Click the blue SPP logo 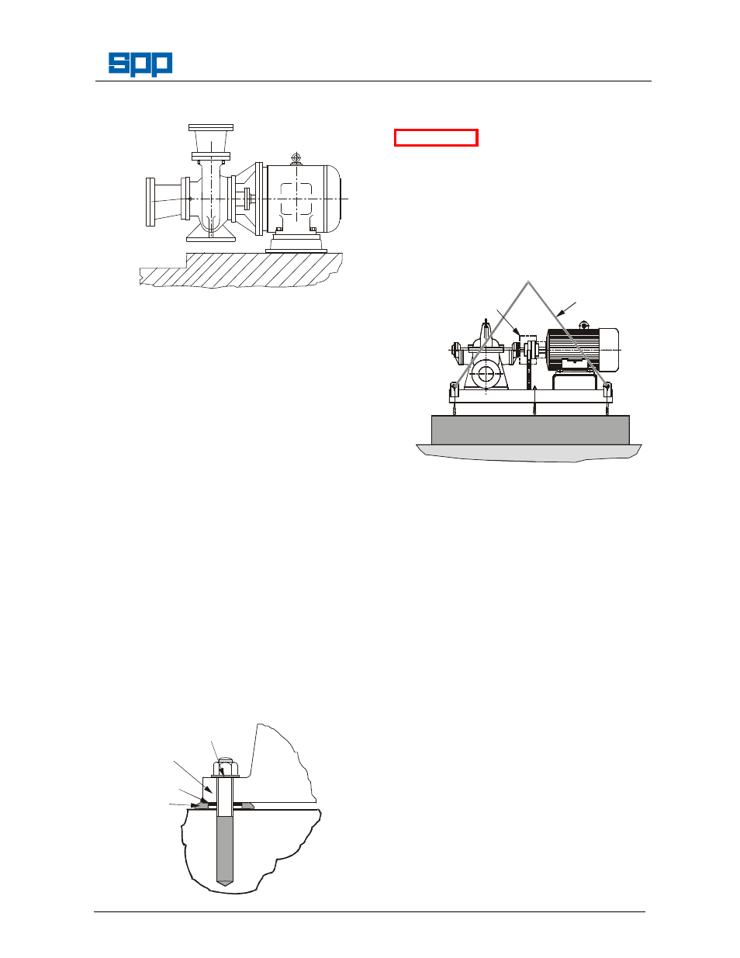point(140,64)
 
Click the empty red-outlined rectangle point(435,138)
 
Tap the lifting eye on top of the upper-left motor point(295,157)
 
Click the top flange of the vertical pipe point(211,126)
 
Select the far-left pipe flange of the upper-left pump point(150,202)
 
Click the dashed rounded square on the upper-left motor point(296,199)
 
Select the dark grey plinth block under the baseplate point(530,430)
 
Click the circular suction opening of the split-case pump point(486,375)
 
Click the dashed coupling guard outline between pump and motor point(528,345)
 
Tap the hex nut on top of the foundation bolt point(225,769)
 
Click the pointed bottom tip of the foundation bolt point(224,882)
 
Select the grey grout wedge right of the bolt point(247,806)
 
